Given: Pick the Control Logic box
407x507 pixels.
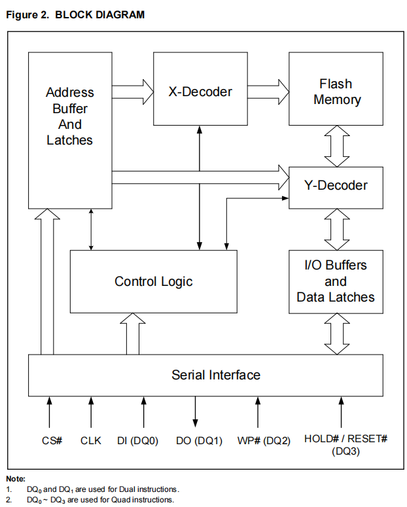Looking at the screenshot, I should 154,281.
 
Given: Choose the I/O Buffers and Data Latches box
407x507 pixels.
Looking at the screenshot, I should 336,281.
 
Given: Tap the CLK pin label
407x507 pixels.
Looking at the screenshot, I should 91,440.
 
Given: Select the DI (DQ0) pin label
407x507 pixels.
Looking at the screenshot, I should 138,440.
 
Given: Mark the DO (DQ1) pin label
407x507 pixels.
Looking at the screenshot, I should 200,440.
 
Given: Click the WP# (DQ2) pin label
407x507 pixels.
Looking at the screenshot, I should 262,440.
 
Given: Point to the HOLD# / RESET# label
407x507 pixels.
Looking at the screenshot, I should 345,438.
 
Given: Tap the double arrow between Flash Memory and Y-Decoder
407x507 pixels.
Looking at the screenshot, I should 338,146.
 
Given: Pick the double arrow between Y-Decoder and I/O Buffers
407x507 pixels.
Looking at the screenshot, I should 338,229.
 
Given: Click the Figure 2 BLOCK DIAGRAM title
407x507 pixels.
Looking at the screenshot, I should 75,14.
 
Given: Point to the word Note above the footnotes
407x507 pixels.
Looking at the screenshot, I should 16,479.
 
